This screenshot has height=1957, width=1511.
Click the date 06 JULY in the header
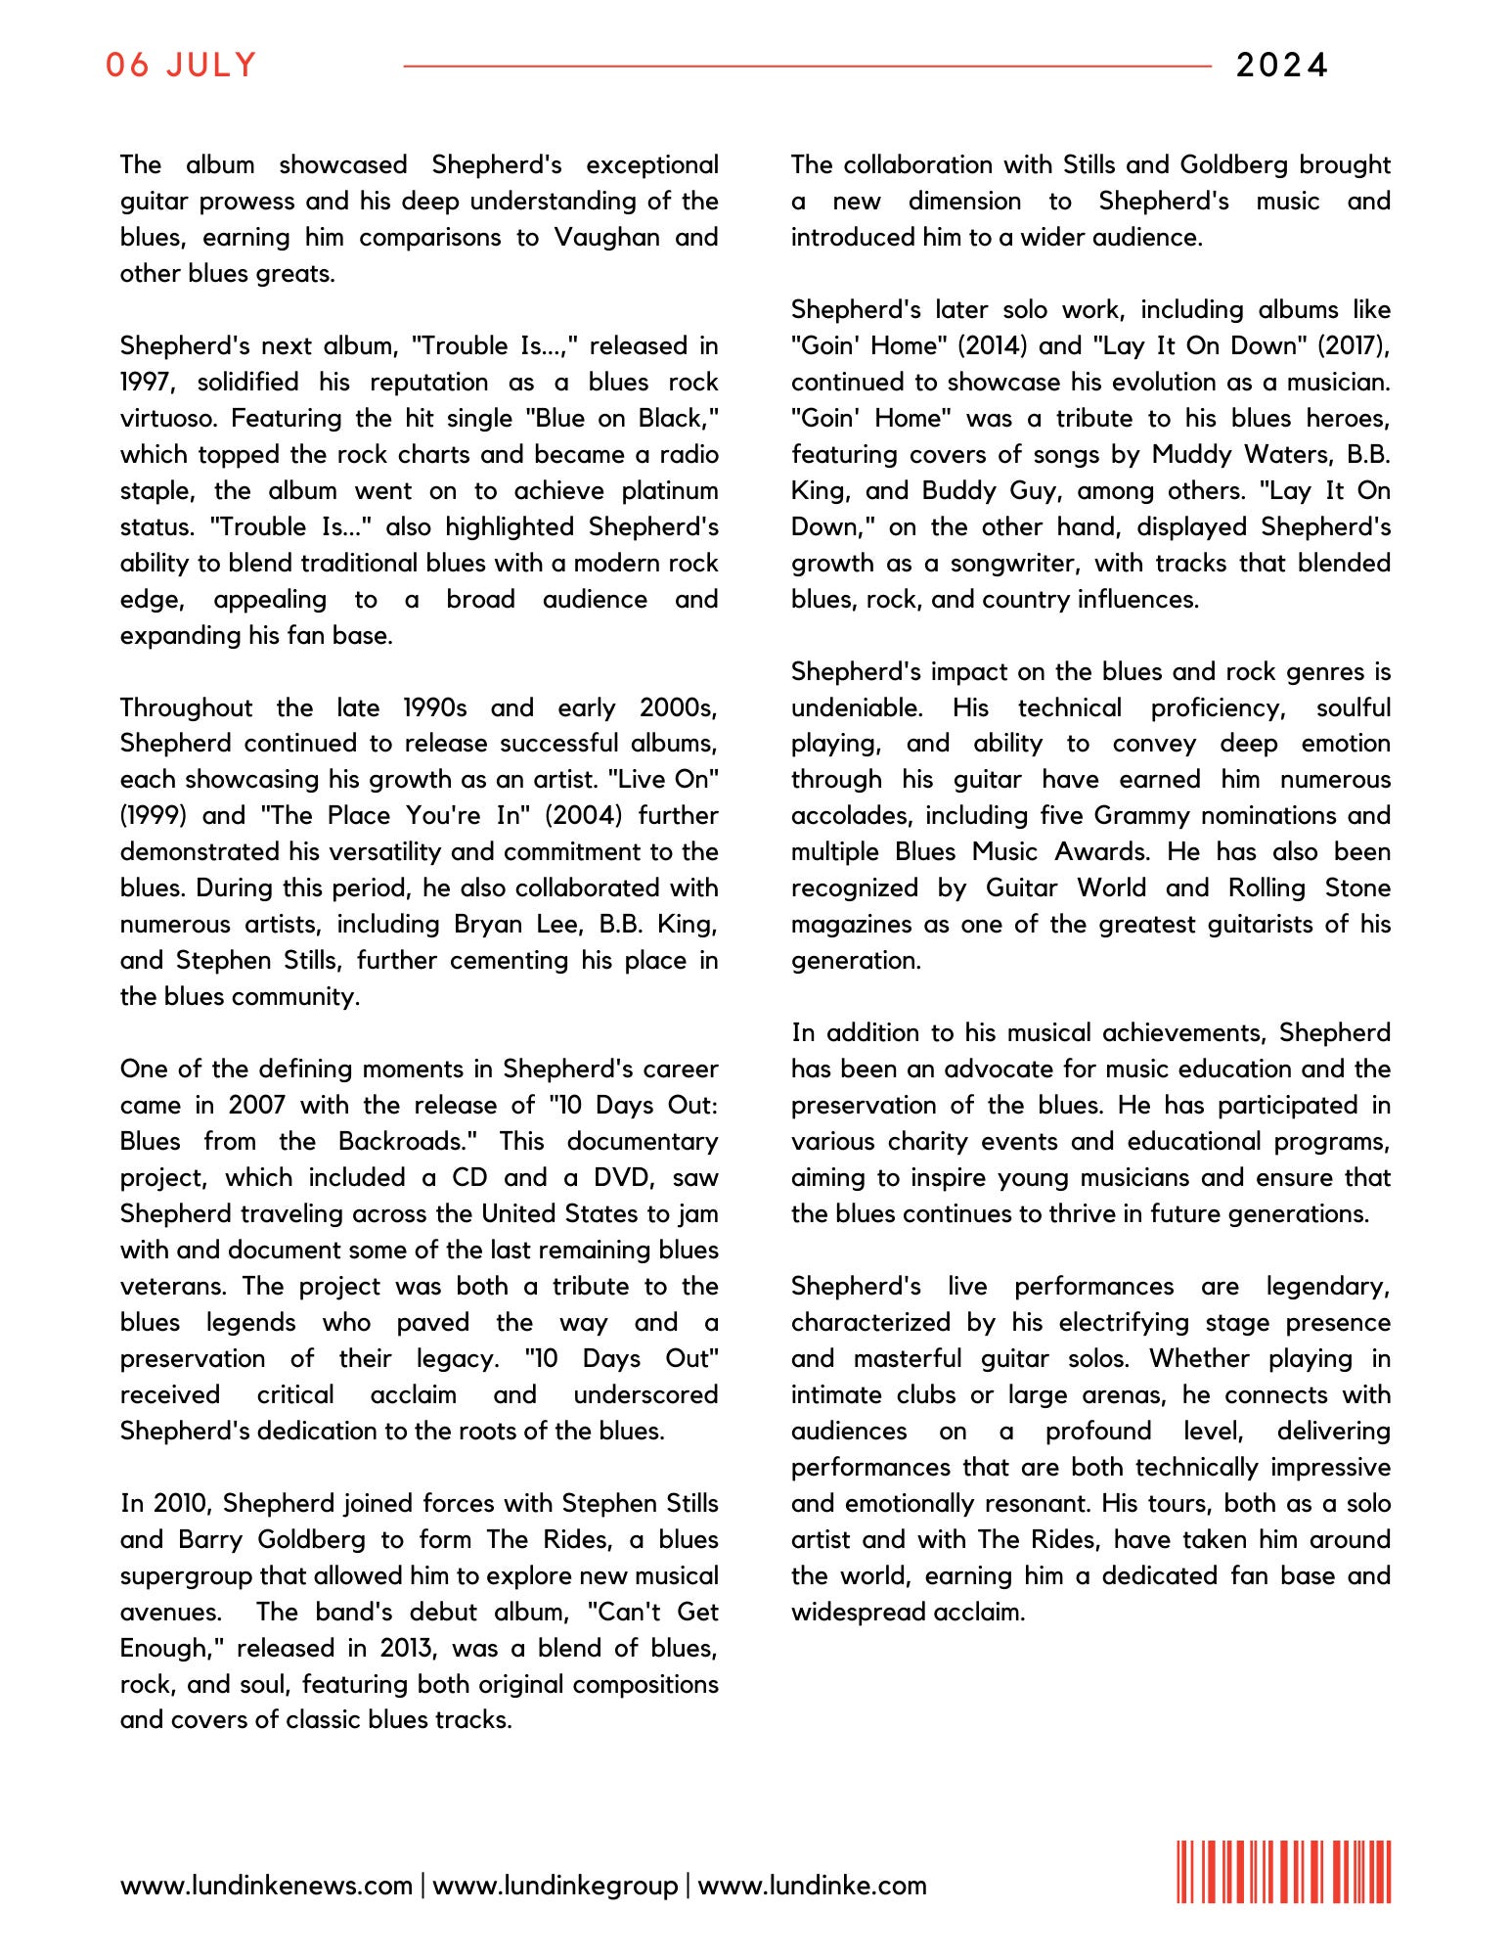point(181,66)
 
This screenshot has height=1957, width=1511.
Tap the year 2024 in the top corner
point(1281,66)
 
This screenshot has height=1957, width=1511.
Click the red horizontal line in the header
point(807,67)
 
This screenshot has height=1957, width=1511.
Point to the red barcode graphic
point(1283,1872)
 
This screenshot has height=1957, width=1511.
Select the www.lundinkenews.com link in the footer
point(266,1886)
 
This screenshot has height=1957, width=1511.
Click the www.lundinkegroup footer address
point(555,1886)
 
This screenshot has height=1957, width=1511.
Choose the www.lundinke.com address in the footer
point(812,1886)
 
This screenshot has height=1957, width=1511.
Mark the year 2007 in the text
point(256,1105)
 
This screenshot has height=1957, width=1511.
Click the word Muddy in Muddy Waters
point(1193,454)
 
